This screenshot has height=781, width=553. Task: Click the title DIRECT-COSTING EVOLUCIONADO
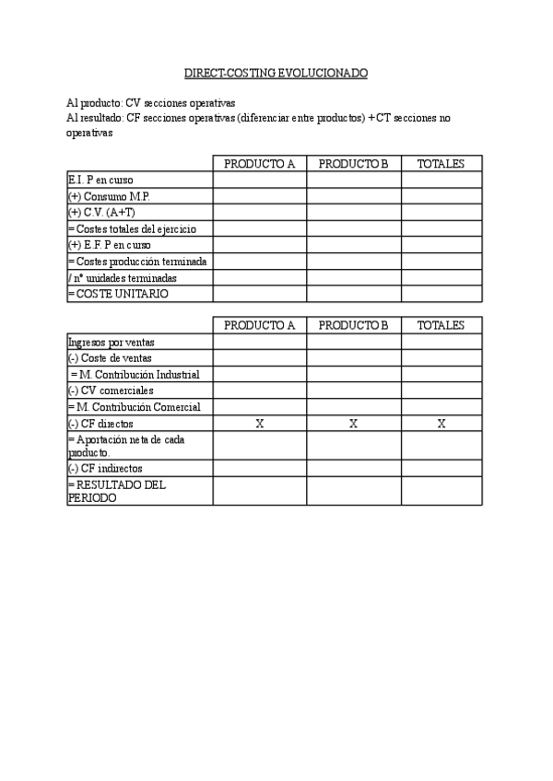coord(276,72)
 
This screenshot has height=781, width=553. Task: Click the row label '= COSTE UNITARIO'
coord(118,294)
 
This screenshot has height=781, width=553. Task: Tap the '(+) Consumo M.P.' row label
coord(109,196)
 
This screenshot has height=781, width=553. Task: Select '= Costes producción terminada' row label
coord(137,262)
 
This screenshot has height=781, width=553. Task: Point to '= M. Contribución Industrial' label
coord(135,374)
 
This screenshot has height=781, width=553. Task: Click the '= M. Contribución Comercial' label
coord(135,407)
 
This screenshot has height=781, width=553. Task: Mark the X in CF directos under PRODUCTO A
coord(259,424)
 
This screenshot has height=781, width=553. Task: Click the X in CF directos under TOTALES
coord(441,424)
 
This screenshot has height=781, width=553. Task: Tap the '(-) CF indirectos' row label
coord(106,468)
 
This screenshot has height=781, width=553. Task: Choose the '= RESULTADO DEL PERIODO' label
coord(116,490)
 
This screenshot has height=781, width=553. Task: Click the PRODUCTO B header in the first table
coord(354,164)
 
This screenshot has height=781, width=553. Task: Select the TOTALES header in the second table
coord(441,325)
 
